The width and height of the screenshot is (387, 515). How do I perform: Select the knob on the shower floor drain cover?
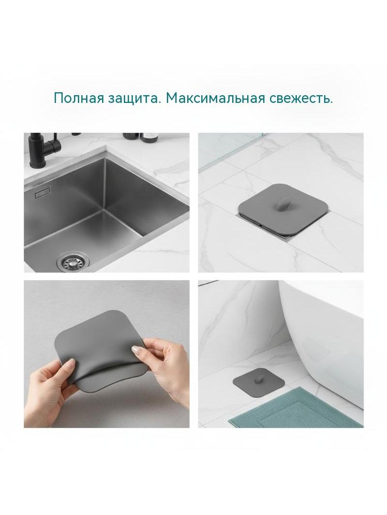pos(281,204)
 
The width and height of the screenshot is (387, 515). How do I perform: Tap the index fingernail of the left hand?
pos(71,362)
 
